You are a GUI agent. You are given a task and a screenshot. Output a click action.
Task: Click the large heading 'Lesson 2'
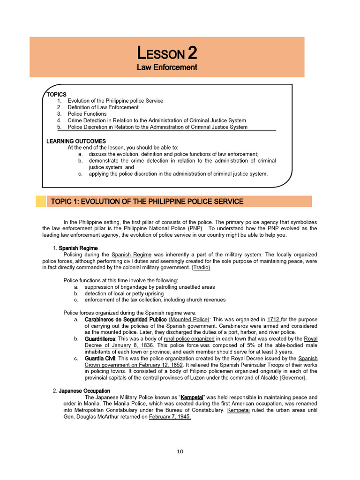pyautogui.click(x=166, y=52)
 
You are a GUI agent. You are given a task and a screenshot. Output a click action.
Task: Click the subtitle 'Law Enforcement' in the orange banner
pyautogui.click(x=166, y=67)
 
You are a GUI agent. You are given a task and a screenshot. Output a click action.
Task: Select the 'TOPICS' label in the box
pyautogui.click(x=56, y=94)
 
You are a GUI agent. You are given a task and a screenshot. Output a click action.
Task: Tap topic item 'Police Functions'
pyautogui.click(x=87, y=114)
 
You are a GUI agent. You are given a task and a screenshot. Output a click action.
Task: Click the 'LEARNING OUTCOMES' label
pyautogui.click(x=76, y=141)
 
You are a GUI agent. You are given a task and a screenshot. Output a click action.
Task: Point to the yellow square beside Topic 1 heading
pyautogui.click(x=41, y=202)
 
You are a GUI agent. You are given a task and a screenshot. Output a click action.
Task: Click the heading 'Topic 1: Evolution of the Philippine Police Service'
pyautogui.click(x=146, y=202)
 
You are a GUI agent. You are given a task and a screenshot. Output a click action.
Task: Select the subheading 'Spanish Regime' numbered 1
pyautogui.click(x=78, y=248)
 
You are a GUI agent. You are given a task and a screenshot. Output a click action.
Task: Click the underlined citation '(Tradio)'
pyautogui.click(x=201, y=267)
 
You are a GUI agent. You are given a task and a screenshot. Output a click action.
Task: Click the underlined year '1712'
pyautogui.click(x=273, y=319)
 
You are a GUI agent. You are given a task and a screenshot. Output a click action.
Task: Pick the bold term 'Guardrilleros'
pyautogui.click(x=100, y=338)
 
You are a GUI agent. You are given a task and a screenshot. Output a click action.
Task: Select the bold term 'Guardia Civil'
pyautogui.click(x=100, y=358)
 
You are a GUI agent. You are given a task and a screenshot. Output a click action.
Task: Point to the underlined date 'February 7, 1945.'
pyautogui.click(x=170, y=417)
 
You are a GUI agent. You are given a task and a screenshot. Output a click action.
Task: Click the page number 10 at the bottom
pyautogui.click(x=180, y=451)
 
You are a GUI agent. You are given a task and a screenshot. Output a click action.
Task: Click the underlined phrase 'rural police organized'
pyautogui.click(x=189, y=338)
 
